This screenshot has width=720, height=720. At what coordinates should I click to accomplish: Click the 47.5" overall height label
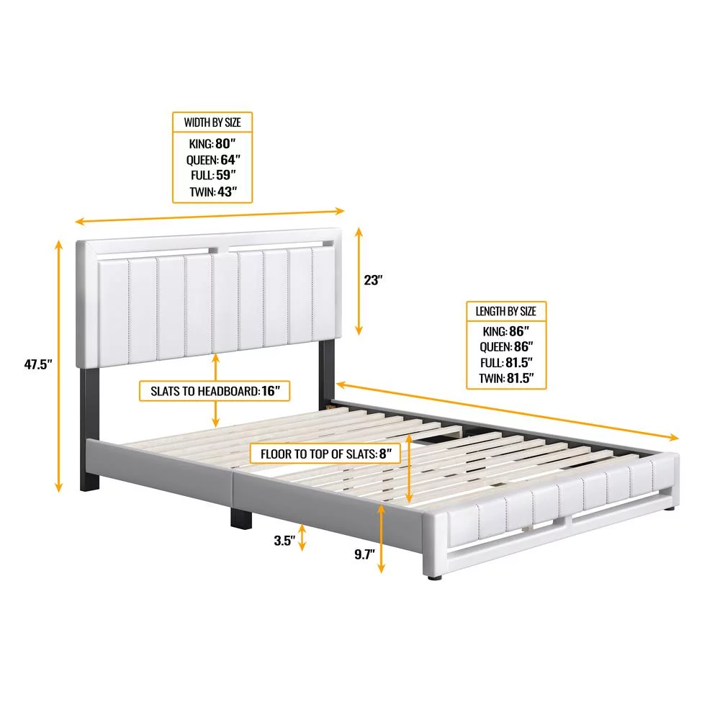[38, 364]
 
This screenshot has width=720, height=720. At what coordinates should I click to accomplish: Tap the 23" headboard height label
[373, 280]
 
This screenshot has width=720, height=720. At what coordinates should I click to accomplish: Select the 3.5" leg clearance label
[284, 541]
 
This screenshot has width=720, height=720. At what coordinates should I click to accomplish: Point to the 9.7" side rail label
[364, 554]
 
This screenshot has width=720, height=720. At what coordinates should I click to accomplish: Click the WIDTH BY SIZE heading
[212, 122]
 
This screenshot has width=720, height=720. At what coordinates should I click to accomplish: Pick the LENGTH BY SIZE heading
[505, 311]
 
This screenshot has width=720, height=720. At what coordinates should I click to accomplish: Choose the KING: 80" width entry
[212, 144]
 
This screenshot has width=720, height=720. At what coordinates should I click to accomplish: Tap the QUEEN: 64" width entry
[213, 160]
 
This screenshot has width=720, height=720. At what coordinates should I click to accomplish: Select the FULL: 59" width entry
[213, 175]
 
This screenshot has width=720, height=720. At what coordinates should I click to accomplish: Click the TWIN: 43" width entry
[213, 192]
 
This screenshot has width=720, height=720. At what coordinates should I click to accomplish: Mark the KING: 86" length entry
[506, 331]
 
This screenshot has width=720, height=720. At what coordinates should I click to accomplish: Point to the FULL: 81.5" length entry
[506, 363]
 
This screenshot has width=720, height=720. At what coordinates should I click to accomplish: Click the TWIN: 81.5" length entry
[506, 379]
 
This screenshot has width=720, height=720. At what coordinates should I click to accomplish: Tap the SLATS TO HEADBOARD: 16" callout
[215, 391]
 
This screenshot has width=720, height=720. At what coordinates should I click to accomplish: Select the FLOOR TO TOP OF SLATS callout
[325, 454]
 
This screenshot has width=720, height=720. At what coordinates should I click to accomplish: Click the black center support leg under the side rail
[241, 517]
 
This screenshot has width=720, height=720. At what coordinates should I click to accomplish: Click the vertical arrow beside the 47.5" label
[58, 366]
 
